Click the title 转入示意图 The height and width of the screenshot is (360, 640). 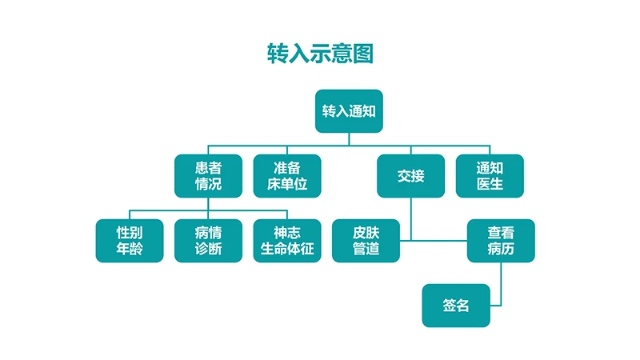(320, 54)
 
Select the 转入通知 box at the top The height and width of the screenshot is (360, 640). (349, 111)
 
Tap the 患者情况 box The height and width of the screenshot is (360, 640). (208, 176)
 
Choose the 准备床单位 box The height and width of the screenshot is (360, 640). (287, 176)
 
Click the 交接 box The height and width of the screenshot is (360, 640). (410, 176)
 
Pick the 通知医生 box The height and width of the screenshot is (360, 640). (490, 176)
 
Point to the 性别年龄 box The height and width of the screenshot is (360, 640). (130, 241)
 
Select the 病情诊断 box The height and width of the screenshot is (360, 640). (208, 241)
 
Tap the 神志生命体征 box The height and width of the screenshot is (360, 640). (287, 241)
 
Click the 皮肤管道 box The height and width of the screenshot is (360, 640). (366, 241)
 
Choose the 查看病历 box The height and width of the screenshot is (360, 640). (501, 241)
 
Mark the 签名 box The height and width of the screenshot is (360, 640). (456, 306)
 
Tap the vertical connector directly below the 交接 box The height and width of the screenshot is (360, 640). (410, 216)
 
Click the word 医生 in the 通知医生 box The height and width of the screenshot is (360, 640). (490, 185)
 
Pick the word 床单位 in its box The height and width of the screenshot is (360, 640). (287, 185)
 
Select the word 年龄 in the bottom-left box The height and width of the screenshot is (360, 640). (130, 250)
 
